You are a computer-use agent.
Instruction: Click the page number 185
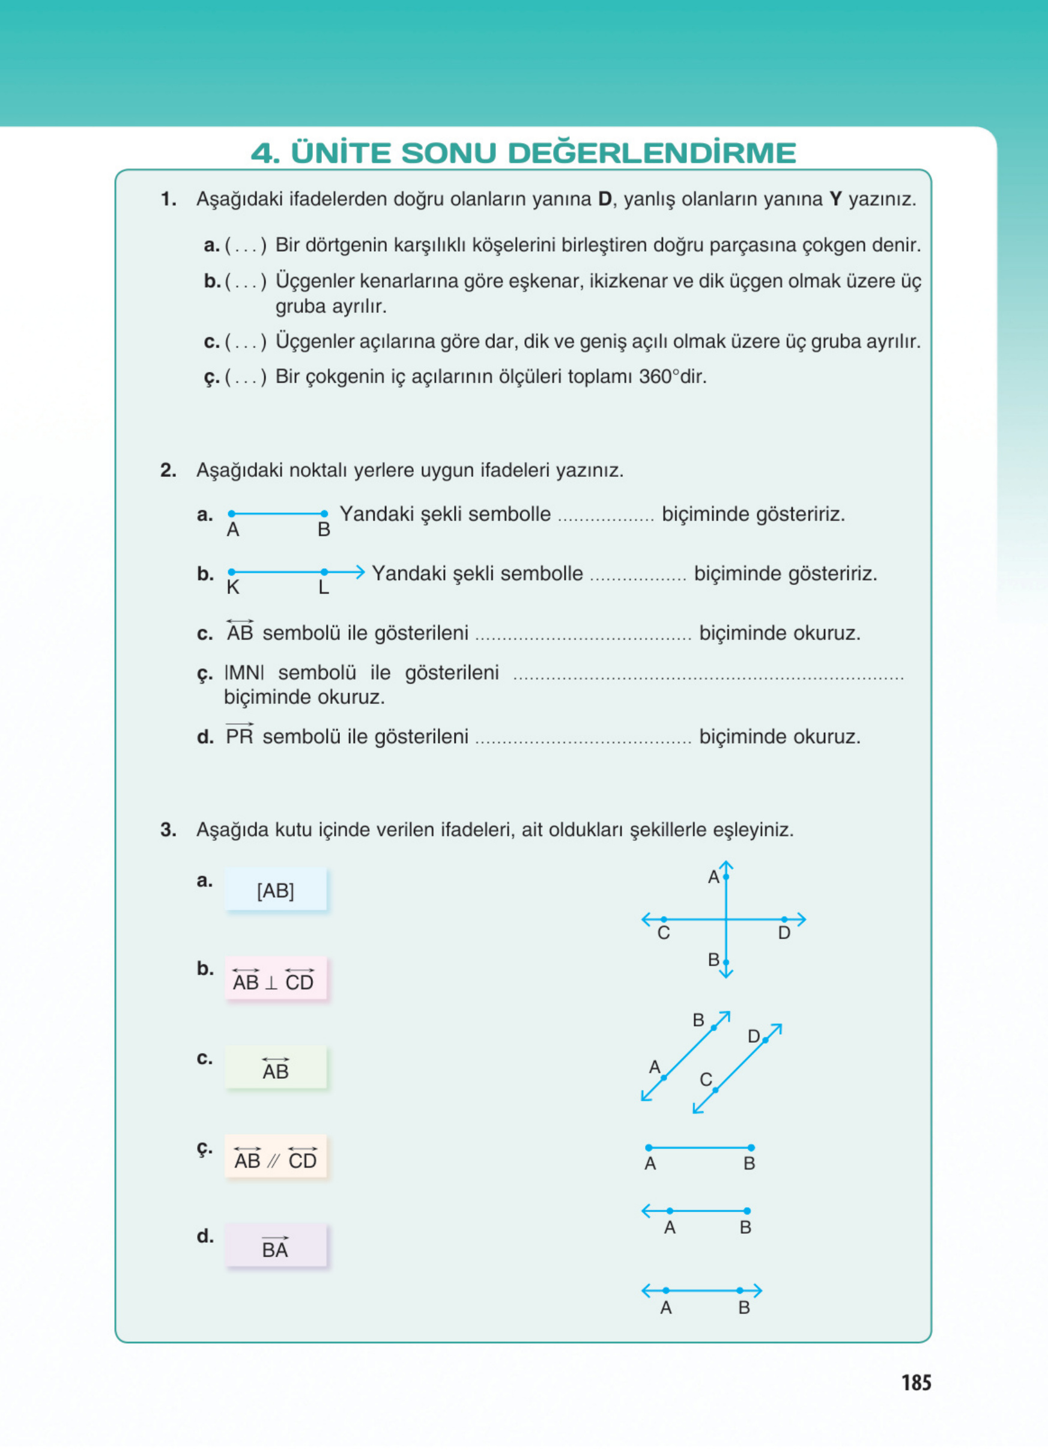[x=916, y=1382]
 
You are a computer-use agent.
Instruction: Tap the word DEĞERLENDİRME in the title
[x=652, y=153]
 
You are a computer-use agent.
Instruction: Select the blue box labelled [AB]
[x=275, y=890]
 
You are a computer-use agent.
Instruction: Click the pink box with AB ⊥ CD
[x=275, y=979]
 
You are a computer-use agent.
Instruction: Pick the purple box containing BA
[x=275, y=1247]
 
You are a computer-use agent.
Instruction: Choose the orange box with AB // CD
[x=275, y=1157]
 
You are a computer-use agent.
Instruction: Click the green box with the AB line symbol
[x=275, y=1068]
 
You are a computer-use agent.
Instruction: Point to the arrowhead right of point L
[x=360, y=571]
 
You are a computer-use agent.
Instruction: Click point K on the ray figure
[x=232, y=572]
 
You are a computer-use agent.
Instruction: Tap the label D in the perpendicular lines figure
[x=784, y=933]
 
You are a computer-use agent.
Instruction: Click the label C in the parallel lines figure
[x=706, y=1080]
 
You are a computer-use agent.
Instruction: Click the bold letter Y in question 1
[x=835, y=199]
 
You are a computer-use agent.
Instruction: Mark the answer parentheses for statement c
[x=246, y=342]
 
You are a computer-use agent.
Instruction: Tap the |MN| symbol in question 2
[x=244, y=673]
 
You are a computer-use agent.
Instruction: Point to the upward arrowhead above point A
[x=726, y=866]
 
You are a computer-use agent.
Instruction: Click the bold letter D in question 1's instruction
[x=605, y=199]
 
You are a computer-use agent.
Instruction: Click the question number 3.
[x=168, y=830]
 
